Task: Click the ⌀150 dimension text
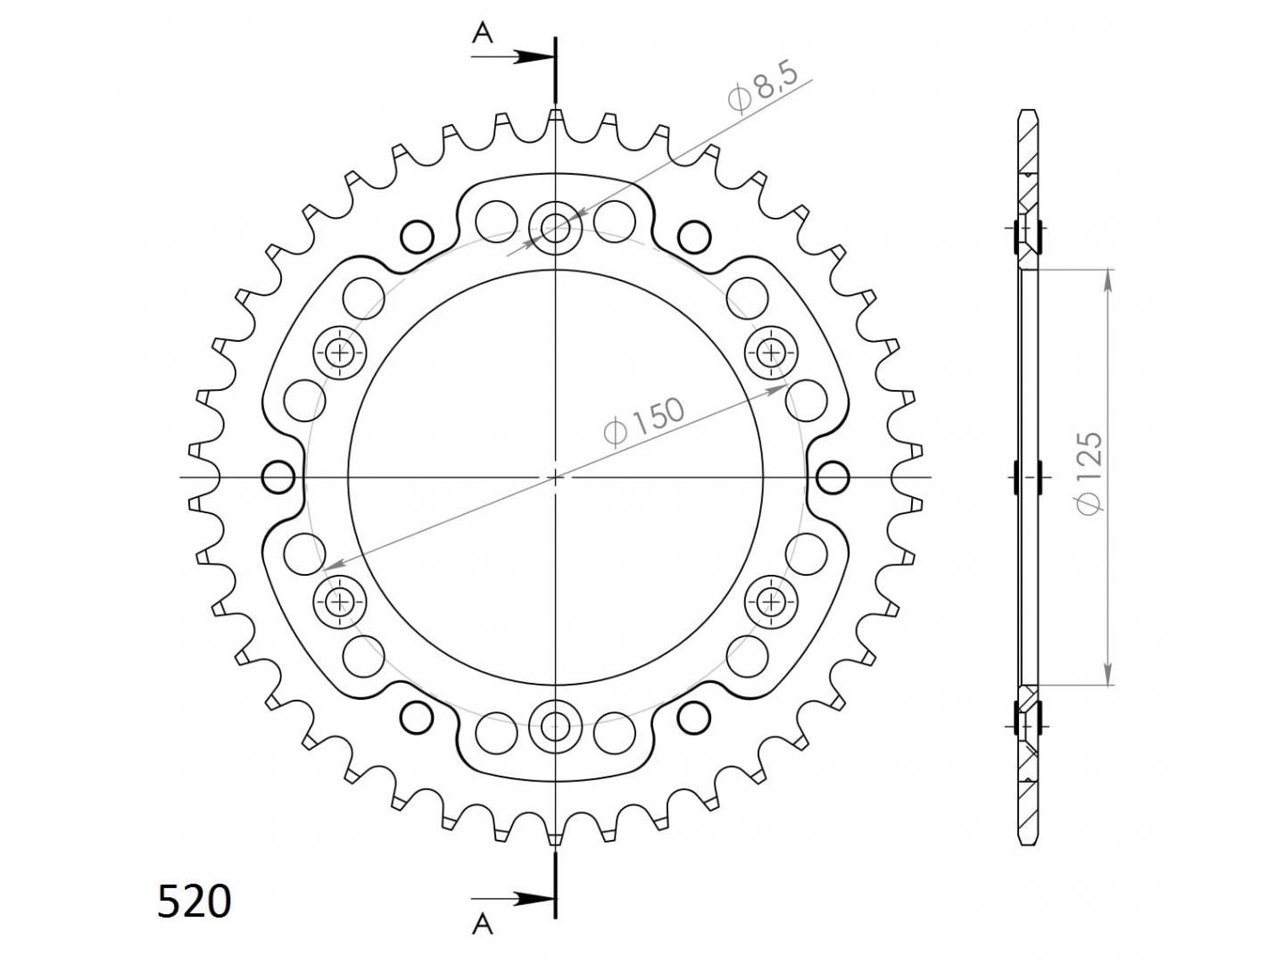coord(644,421)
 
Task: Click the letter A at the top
coord(483,35)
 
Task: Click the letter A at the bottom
coord(483,941)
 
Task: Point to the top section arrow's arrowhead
coord(533,57)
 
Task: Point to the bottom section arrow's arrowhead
coord(533,915)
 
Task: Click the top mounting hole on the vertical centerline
coord(555,228)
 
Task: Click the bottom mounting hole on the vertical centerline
coord(555,727)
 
